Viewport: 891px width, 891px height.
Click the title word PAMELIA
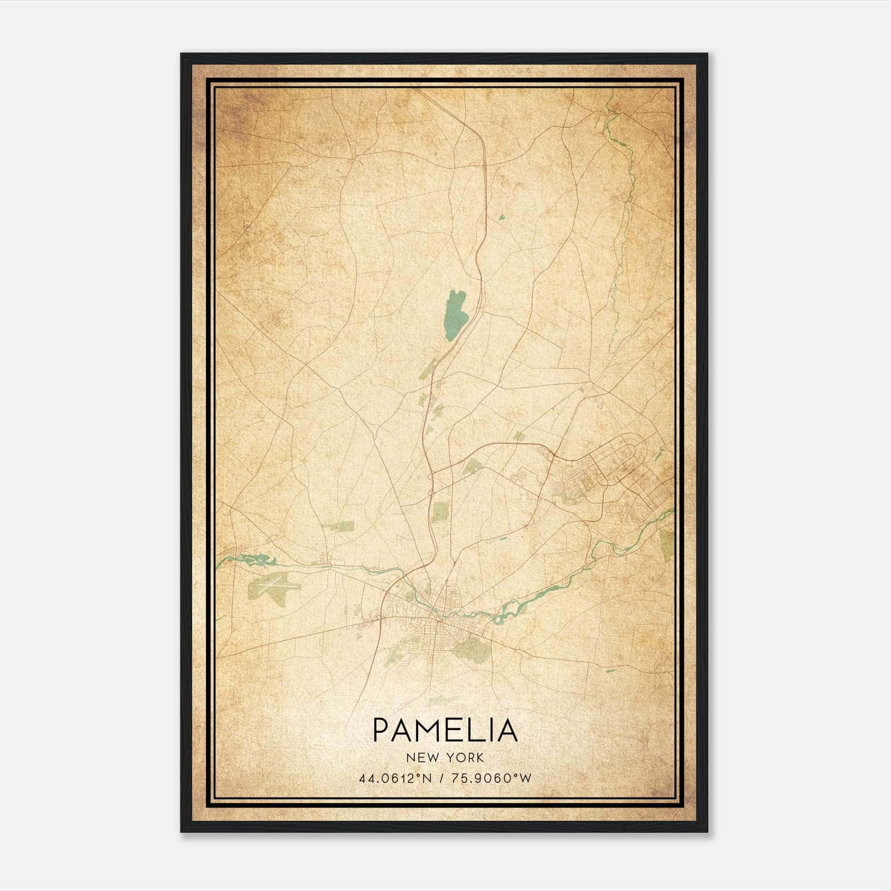point(445,730)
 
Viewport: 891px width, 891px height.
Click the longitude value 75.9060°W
point(490,778)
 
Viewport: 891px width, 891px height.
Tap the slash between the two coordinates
point(441,778)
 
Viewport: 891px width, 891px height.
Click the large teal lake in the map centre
point(456,315)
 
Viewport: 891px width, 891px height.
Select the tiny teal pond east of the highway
point(501,217)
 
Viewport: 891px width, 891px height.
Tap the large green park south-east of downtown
point(471,648)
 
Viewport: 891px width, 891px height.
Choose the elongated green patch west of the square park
point(338,525)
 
